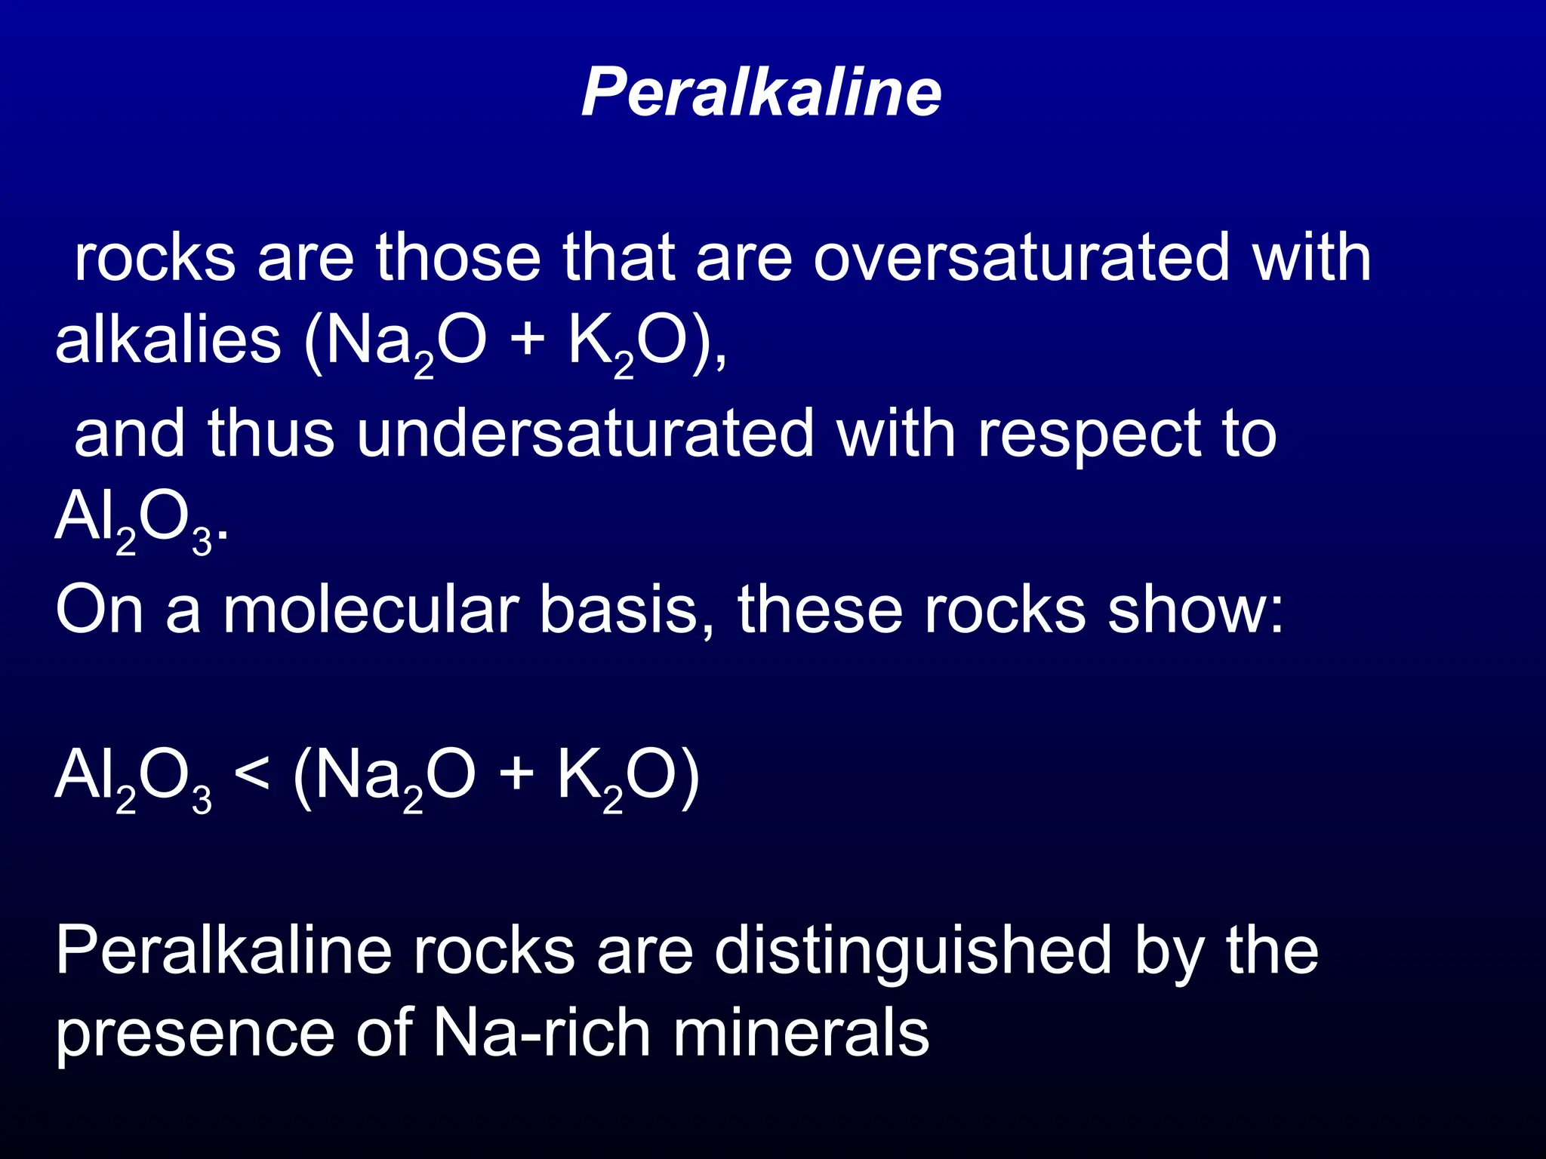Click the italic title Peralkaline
tap(761, 92)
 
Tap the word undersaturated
tap(586, 434)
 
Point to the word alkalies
tap(168, 341)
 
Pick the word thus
tap(270, 434)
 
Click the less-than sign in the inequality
tap(251, 774)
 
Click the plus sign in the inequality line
tap(516, 774)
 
